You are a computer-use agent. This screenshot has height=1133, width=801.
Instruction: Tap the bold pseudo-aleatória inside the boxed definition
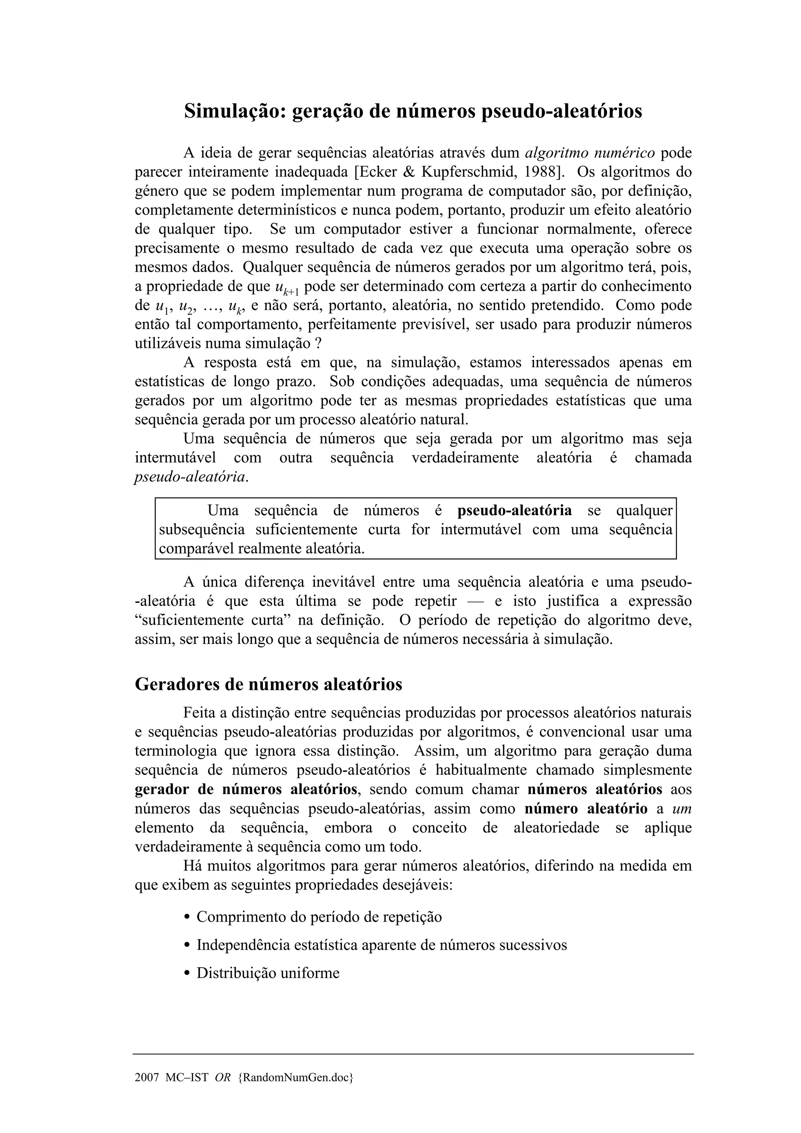(515, 510)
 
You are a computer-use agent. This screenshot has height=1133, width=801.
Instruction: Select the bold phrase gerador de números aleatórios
(246, 789)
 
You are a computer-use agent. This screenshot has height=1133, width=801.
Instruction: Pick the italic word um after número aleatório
(682, 808)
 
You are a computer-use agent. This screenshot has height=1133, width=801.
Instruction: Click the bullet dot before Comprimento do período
(187, 917)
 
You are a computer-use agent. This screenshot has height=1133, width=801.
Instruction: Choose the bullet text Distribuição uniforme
(268, 973)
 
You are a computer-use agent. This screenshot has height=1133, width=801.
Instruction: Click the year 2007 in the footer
(147, 1077)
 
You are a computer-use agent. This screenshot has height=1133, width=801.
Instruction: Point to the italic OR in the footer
(223, 1077)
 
